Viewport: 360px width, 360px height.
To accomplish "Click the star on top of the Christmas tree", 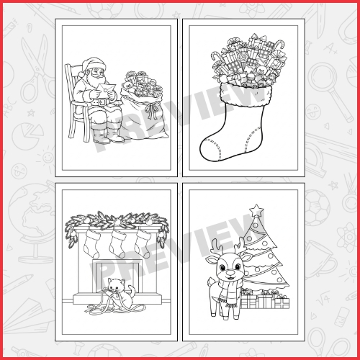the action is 256,210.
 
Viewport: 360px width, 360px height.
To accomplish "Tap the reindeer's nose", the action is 230,272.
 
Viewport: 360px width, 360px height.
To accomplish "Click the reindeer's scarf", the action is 229,291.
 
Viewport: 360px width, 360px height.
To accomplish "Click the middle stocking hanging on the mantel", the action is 117,243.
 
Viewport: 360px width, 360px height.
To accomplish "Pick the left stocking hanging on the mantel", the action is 92,242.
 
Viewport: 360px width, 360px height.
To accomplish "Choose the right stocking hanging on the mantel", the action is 143,242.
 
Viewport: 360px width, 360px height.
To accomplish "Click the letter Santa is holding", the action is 106,89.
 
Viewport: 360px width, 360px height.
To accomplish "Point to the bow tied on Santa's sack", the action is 150,110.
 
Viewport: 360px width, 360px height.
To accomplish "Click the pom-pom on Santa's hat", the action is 81,73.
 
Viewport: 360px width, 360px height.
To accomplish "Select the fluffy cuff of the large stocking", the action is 246,94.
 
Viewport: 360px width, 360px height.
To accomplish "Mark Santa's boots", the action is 108,135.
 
